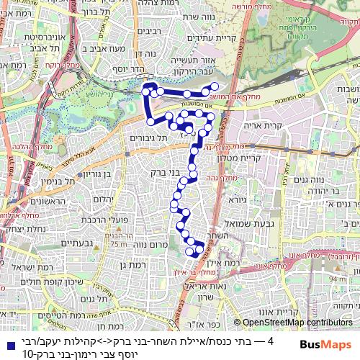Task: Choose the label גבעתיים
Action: (74, 243)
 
